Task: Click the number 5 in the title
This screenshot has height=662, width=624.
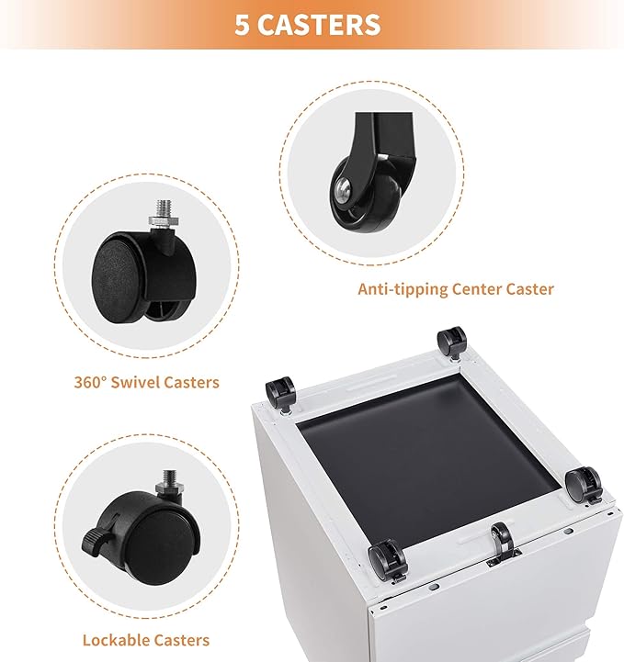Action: [242, 25]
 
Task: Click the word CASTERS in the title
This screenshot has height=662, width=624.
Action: [319, 25]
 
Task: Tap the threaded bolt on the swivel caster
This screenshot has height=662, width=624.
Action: [164, 208]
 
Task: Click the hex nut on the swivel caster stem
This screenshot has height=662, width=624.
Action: [164, 220]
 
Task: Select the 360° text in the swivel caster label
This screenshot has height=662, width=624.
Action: [89, 382]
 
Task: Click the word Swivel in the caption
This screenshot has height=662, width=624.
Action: [134, 382]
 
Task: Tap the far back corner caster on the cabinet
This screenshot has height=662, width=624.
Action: [452, 343]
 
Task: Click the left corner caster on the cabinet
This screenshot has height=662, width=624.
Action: [280, 392]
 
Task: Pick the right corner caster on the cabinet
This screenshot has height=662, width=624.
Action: [584, 485]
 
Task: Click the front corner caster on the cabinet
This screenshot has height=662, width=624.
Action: [388, 561]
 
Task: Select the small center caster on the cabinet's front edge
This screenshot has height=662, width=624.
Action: [503, 542]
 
